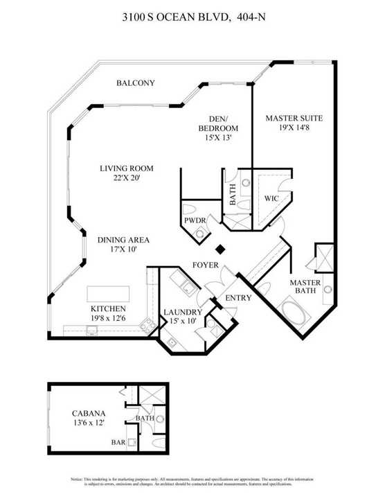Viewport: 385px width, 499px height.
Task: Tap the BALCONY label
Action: tap(135, 83)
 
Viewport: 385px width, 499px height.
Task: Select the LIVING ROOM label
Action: tap(126, 168)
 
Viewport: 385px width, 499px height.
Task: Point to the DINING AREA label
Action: tap(123, 240)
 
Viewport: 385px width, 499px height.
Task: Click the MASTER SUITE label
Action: tap(294, 118)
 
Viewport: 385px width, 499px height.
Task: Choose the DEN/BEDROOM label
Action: tap(218, 123)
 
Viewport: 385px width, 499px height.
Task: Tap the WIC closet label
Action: tap(271, 198)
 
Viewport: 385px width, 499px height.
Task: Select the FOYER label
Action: tap(206, 265)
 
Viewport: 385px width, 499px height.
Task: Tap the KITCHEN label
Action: tap(108, 308)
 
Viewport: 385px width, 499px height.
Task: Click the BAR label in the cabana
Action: tap(118, 441)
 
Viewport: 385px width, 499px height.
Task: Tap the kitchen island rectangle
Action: tap(109, 290)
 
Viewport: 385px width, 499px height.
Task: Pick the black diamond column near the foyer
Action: tap(221, 249)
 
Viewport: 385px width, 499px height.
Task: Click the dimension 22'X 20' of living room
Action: tap(126, 179)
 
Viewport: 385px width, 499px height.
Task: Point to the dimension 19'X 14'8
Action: tap(294, 128)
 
